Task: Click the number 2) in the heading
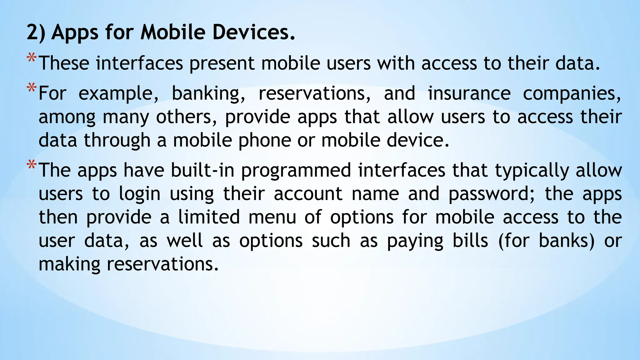[36, 32]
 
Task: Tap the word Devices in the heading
[253, 32]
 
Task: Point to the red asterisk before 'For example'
[31, 88]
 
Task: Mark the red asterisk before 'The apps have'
[31, 165]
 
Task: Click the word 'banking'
[208, 94]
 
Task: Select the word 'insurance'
[469, 93]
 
